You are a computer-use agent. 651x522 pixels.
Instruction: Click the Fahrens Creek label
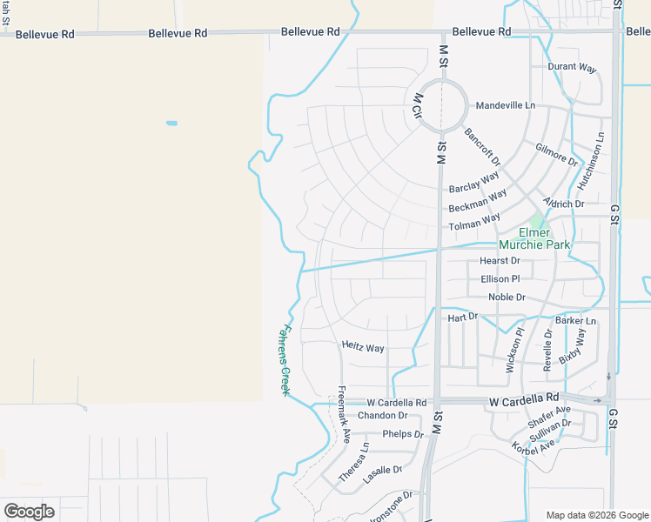pyautogui.click(x=284, y=359)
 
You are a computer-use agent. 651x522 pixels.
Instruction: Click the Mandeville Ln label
pyautogui.click(x=505, y=105)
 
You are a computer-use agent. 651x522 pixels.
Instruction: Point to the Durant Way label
pyautogui.click(x=572, y=66)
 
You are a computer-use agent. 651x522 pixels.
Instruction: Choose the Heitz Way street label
pyautogui.click(x=362, y=348)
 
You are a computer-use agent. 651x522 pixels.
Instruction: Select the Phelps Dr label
pyautogui.click(x=402, y=433)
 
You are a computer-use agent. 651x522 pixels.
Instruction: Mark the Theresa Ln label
pyautogui.click(x=353, y=462)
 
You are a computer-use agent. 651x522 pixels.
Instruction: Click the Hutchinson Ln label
pyautogui.click(x=589, y=162)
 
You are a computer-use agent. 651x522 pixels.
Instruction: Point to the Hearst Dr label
pyautogui.click(x=500, y=261)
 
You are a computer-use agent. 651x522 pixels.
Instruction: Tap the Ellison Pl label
pyautogui.click(x=500, y=279)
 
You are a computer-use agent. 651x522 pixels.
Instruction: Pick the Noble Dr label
pyautogui.click(x=507, y=298)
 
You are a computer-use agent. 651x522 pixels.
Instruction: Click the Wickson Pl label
pyautogui.click(x=515, y=350)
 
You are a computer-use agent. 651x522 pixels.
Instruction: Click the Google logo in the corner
pyautogui.click(x=29, y=512)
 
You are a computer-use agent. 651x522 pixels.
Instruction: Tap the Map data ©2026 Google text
pyautogui.click(x=596, y=515)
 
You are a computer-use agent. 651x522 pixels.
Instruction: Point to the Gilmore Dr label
pyautogui.click(x=557, y=155)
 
